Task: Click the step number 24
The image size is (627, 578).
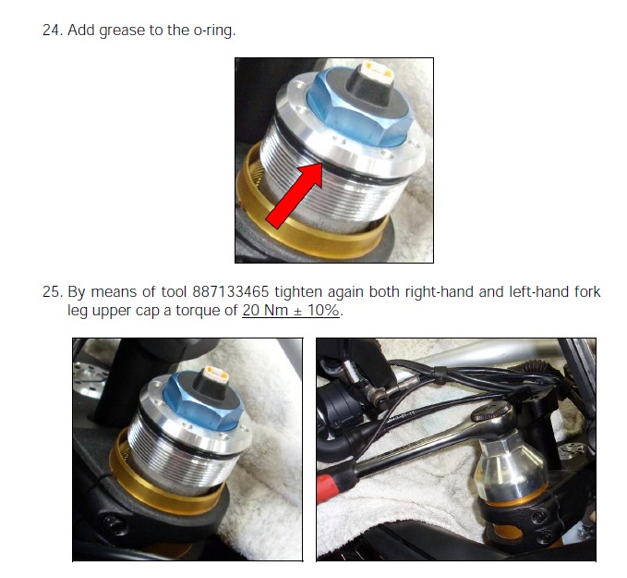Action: click(x=53, y=30)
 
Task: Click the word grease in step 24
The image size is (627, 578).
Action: click(x=122, y=31)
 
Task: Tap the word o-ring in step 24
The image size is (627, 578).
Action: click(x=214, y=31)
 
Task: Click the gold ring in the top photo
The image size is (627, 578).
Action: click(x=307, y=225)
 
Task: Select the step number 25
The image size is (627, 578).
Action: click(x=53, y=291)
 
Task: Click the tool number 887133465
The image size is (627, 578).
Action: click(x=231, y=291)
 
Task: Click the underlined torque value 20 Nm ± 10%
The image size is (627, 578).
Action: click(x=291, y=311)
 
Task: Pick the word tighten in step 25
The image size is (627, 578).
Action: click(x=298, y=292)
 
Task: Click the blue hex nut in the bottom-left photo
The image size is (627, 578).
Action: click(x=203, y=400)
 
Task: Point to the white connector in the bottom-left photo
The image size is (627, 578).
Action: click(x=215, y=375)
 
